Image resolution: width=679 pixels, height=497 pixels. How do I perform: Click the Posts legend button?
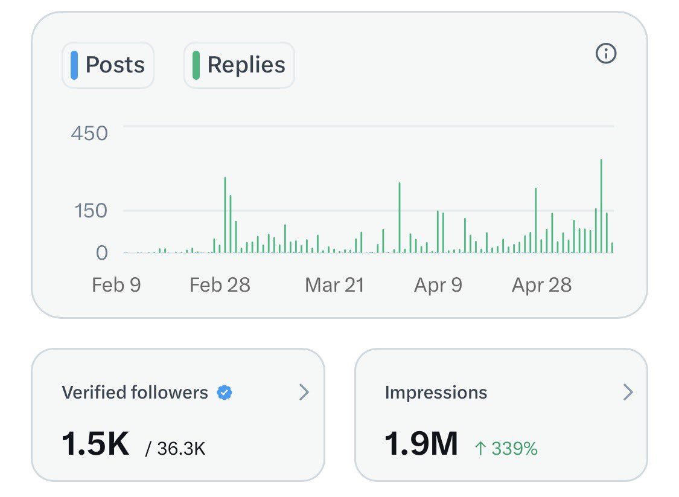(x=108, y=65)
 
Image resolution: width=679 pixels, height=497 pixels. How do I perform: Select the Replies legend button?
(x=239, y=65)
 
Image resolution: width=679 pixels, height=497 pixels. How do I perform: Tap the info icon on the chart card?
(x=606, y=54)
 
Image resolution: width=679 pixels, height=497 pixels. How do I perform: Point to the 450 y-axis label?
(x=90, y=133)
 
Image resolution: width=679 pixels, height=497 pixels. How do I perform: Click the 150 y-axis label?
(x=91, y=211)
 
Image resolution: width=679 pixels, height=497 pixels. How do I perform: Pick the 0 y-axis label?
(x=102, y=252)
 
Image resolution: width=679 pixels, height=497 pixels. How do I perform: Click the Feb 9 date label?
(x=116, y=285)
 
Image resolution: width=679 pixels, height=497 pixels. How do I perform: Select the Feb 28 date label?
(x=220, y=285)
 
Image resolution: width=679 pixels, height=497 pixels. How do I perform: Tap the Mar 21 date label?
(x=334, y=285)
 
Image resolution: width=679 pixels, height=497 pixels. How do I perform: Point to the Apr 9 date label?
(x=438, y=286)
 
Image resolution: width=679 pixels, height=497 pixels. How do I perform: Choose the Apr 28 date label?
(x=542, y=286)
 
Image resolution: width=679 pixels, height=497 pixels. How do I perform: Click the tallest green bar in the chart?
(x=601, y=206)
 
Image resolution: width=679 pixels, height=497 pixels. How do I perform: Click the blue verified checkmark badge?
(x=225, y=393)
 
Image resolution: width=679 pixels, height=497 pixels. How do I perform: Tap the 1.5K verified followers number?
(x=96, y=444)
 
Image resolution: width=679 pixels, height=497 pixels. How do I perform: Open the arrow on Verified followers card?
(x=304, y=392)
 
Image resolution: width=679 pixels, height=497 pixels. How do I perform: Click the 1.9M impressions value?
(x=421, y=444)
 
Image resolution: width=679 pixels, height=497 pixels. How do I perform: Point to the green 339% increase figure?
(x=506, y=449)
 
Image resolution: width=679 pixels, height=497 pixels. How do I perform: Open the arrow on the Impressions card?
(x=628, y=392)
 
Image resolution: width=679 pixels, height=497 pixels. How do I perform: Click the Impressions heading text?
(x=436, y=393)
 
